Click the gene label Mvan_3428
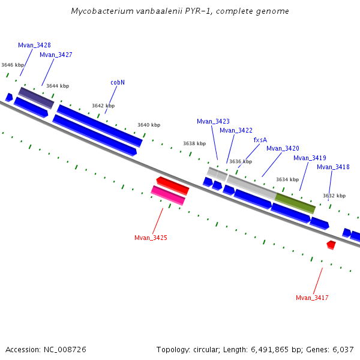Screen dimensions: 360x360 click(34, 45)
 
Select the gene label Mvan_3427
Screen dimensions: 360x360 click(56, 55)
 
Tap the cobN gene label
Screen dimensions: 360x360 click(118, 82)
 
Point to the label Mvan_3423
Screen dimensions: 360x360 click(213, 121)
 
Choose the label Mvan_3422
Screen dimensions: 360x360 click(236, 130)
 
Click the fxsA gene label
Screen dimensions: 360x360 click(260, 140)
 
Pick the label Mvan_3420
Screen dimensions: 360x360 click(283, 148)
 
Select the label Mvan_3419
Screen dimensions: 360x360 click(310, 158)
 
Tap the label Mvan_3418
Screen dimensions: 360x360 click(333, 167)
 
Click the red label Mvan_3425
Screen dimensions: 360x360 click(151, 238)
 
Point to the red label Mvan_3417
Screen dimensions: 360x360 click(312, 298)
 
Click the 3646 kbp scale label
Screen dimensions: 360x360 click(13, 65)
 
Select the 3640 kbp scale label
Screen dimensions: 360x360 click(149, 125)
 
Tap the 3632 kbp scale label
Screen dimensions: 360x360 click(334, 196)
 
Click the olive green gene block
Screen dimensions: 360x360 click(295, 203)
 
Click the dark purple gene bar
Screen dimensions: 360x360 click(36, 98)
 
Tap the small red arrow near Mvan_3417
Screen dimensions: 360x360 click(331, 245)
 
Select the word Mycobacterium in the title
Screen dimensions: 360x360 click(98, 11)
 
